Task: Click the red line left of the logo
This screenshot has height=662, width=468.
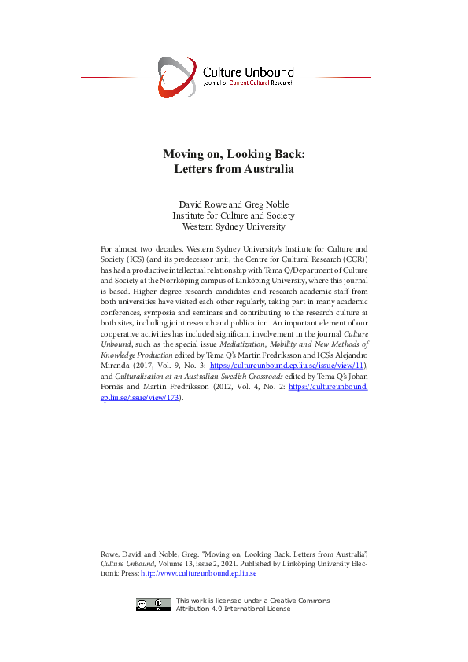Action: coord(109,78)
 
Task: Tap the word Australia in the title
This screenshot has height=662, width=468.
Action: coord(267,168)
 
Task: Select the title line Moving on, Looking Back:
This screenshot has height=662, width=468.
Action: coord(234,154)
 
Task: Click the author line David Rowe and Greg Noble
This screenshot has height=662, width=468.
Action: coord(234,204)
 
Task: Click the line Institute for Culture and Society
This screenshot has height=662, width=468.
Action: coord(234,215)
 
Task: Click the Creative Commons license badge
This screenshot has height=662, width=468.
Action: coord(153,605)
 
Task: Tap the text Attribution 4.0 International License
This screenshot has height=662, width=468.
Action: coord(233,609)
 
